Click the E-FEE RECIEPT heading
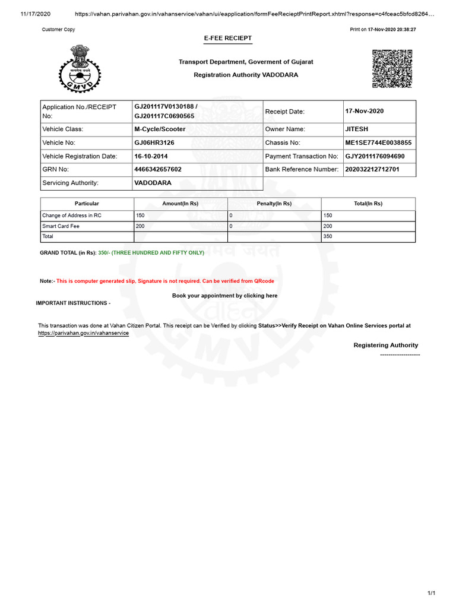point(228,38)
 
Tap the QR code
point(392,69)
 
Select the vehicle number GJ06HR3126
point(154,143)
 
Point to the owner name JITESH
point(356,129)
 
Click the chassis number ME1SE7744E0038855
point(378,143)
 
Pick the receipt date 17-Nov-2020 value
point(364,111)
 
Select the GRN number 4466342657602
point(158,169)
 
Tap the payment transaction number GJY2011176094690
point(375,156)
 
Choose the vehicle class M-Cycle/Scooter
point(160,129)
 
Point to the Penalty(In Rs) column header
point(274,204)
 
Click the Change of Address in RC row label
point(72,216)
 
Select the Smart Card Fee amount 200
point(140,226)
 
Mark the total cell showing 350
point(328,236)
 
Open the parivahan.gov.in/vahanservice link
point(83,333)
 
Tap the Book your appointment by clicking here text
point(224,296)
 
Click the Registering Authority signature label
point(385,345)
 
